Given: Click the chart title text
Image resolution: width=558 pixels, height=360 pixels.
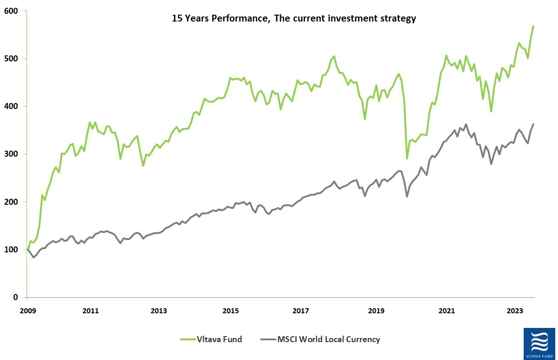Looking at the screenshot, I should (293, 19).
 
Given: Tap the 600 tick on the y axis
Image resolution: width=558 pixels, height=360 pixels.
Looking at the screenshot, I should (16, 11).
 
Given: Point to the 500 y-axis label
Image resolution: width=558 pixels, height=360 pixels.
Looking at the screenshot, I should (16, 59).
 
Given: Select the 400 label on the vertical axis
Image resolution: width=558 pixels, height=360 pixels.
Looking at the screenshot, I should (16, 106).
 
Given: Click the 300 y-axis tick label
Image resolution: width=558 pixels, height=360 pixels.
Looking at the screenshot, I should (16, 154).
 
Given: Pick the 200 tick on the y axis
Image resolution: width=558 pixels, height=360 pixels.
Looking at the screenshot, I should (16, 202).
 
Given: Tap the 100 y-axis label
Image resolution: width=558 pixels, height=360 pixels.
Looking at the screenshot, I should (16, 250).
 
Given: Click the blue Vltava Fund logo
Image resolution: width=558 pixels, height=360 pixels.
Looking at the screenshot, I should (540, 344).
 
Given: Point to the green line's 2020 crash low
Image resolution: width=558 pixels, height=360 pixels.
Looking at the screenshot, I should (407, 158).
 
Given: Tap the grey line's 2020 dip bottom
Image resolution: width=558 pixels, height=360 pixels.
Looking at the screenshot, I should (407, 196).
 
